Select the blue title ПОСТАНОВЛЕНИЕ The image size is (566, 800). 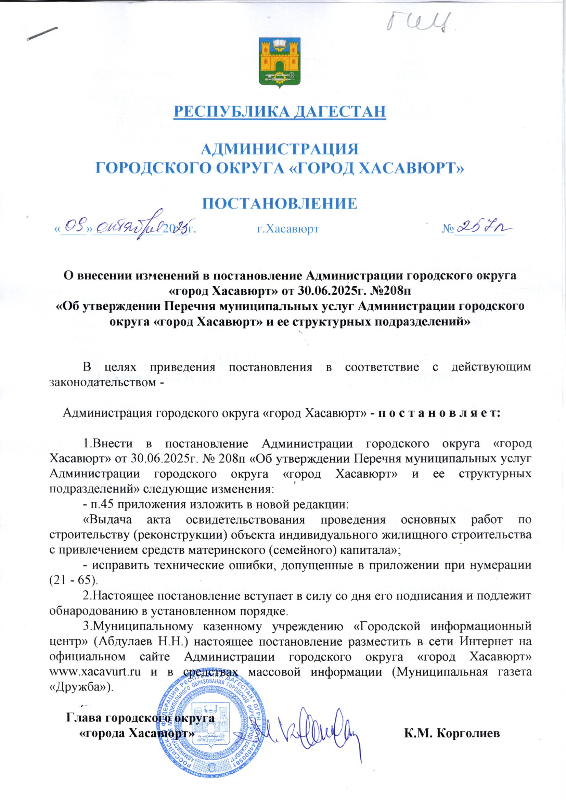click(280, 204)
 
